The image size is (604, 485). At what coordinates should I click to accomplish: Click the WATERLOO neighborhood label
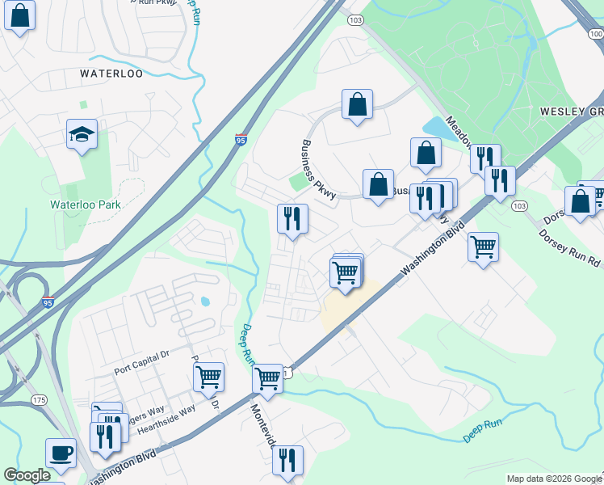(x=111, y=74)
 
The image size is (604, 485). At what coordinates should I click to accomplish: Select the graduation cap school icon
(x=82, y=135)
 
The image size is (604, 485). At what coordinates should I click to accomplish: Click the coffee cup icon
(x=61, y=453)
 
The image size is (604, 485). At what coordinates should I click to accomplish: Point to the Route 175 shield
(x=39, y=400)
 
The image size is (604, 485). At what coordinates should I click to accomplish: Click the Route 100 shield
(x=596, y=34)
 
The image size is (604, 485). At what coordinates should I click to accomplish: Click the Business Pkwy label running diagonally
(x=318, y=166)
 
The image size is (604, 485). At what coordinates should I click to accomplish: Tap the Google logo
(x=27, y=475)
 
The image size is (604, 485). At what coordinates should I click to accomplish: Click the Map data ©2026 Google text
(x=553, y=479)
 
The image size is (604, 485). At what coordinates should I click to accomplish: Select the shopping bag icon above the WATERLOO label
(x=19, y=15)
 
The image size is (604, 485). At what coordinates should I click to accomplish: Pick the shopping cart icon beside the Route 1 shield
(x=267, y=378)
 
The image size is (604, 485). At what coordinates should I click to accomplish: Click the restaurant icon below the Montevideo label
(x=287, y=460)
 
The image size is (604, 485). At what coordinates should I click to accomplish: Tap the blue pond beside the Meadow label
(x=436, y=128)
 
